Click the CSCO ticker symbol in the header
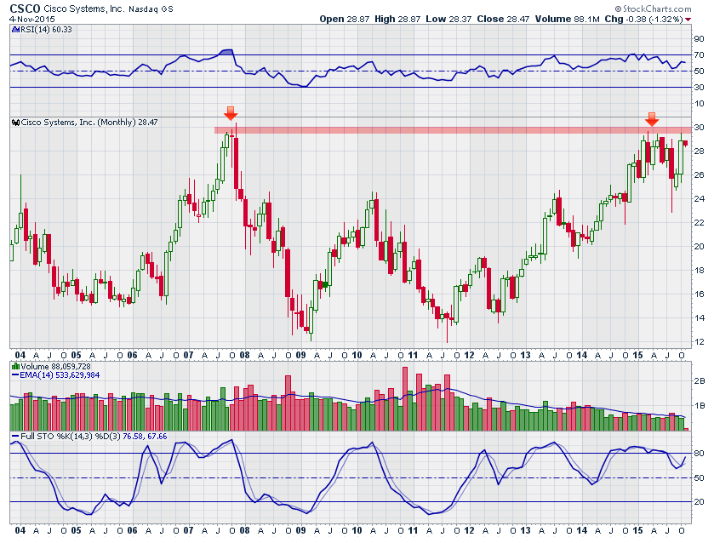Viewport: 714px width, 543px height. click(25, 8)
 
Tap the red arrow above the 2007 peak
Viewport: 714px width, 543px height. click(231, 113)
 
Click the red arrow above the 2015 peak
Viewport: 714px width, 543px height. click(651, 118)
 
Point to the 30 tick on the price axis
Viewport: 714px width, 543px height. click(699, 128)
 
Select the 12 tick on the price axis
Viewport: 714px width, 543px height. click(699, 342)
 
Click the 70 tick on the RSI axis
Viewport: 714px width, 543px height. click(699, 55)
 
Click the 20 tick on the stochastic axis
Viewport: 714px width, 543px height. click(699, 502)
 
